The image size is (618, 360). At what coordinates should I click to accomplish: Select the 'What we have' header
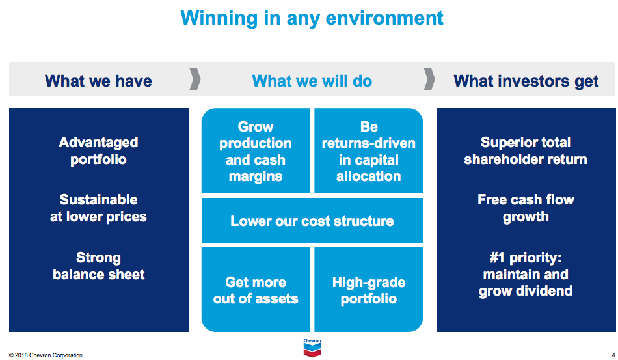pyautogui.click(x=98, y=81)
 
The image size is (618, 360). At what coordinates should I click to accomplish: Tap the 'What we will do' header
pyautogui.click(x=312, y=81)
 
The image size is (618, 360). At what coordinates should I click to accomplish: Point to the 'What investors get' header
pyautogui.click(x=526, y=81)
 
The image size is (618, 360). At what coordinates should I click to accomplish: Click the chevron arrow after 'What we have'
pyautogui.click(x=195, y=79)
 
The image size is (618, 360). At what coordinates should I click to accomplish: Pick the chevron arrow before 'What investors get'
pyautogui.click(x=429, y=79)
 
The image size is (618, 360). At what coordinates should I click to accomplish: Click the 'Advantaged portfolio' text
pyautogui.click(x=98, y=151)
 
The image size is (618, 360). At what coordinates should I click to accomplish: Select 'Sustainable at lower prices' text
pyautogui.click(x=98, y=208)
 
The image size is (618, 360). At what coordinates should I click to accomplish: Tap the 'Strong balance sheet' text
pyautogui.click(x=98, y=266)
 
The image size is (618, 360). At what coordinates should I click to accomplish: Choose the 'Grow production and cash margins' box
pyautogui.click(x=256, y=151)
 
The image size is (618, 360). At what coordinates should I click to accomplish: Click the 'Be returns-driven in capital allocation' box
pyautogui.click(x=369, y=151)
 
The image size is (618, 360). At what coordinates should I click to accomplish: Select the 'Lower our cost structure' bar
pyautogui.click(x=312, y=221)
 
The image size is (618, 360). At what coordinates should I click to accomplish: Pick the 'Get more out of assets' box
pyautogui.click(x=256, y=290)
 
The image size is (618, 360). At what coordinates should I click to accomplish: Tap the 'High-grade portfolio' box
pyautogui.click(x=369, y=290)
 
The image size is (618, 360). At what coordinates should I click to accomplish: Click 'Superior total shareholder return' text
pyautogui.click(x=526, y=151)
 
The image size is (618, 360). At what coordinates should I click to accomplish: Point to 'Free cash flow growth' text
pyautogui.click(x=526, y=208)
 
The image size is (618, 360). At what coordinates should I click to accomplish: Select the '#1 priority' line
pyautogui.click(x=526, y=258)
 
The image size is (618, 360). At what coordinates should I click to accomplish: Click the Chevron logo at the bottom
pyautogui.click(x=312, y=348)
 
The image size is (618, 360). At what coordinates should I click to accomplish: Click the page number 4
pyautogui.click(x=612, y=355)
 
